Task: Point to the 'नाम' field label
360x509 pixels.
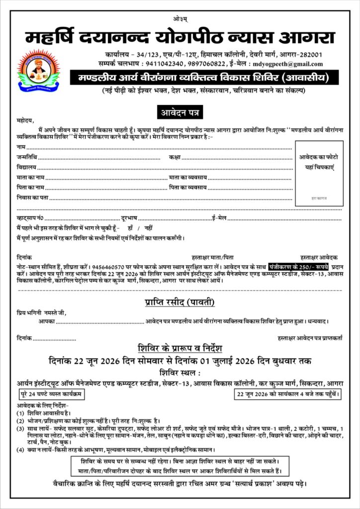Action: pos(21,148)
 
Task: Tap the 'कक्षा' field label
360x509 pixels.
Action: pos(174,158)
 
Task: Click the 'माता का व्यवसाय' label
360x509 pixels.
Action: pos(188,177)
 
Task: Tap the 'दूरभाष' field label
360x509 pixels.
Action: pos(129,218)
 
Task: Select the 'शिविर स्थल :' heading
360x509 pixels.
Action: pos(180,372)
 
